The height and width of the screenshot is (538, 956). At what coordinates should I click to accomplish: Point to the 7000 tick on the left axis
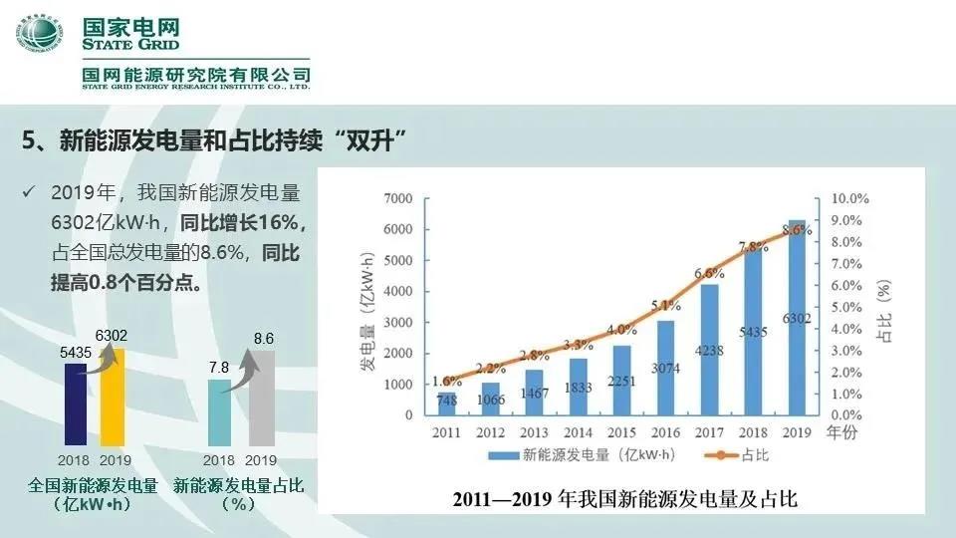click(396, 199)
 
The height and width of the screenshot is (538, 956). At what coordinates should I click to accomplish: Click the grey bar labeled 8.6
click(262, 398)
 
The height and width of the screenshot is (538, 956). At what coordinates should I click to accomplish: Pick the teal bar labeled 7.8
click(219, 412)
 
